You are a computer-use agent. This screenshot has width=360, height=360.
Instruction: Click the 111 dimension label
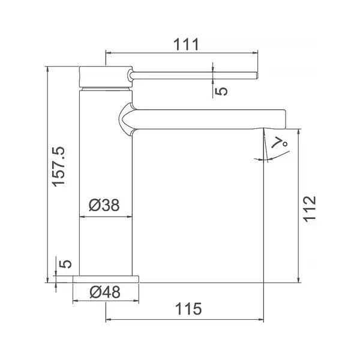[x=186, y=44]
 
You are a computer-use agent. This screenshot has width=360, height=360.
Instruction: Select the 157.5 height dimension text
[x=59, y=167]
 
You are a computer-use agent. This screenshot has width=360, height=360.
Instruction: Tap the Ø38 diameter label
[x=104, y=205]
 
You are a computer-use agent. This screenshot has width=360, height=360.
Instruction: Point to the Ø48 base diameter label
[x=105, y=292]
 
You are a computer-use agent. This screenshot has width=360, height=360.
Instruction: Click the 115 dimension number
[x=188, y=309]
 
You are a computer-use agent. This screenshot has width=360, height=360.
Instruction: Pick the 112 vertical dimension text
[x=310, y=209]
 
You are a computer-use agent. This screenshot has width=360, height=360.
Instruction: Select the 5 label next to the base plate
[x=65, y=264]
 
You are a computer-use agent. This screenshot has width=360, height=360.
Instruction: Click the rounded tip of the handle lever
[x=257, y=76]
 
